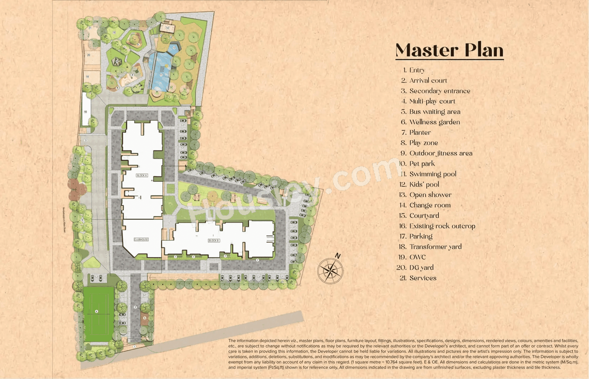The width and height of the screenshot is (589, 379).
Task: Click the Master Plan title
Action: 449,50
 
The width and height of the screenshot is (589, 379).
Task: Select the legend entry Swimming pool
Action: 433,174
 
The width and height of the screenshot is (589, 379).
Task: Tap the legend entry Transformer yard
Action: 435,247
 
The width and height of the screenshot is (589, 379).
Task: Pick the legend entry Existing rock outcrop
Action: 442,226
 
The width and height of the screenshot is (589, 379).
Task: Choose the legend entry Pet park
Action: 422,164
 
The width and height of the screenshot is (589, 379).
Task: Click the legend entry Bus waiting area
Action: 435,112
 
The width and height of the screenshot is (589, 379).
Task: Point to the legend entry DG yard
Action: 421,268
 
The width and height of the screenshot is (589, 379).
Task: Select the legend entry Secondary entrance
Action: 440,91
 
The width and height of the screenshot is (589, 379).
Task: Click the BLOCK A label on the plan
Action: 142,176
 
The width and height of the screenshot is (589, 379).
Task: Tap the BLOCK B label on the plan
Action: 213,241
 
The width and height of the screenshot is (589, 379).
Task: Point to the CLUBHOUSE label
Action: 141,239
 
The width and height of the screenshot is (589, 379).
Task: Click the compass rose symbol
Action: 330,271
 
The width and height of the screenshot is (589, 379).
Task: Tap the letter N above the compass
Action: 338,256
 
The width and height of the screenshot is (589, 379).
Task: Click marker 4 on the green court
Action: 97,311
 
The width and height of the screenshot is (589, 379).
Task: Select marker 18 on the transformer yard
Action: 85,112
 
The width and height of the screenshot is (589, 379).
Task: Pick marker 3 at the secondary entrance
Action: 86,140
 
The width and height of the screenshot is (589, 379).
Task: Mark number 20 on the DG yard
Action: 89,55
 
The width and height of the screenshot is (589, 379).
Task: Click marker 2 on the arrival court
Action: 135,307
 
